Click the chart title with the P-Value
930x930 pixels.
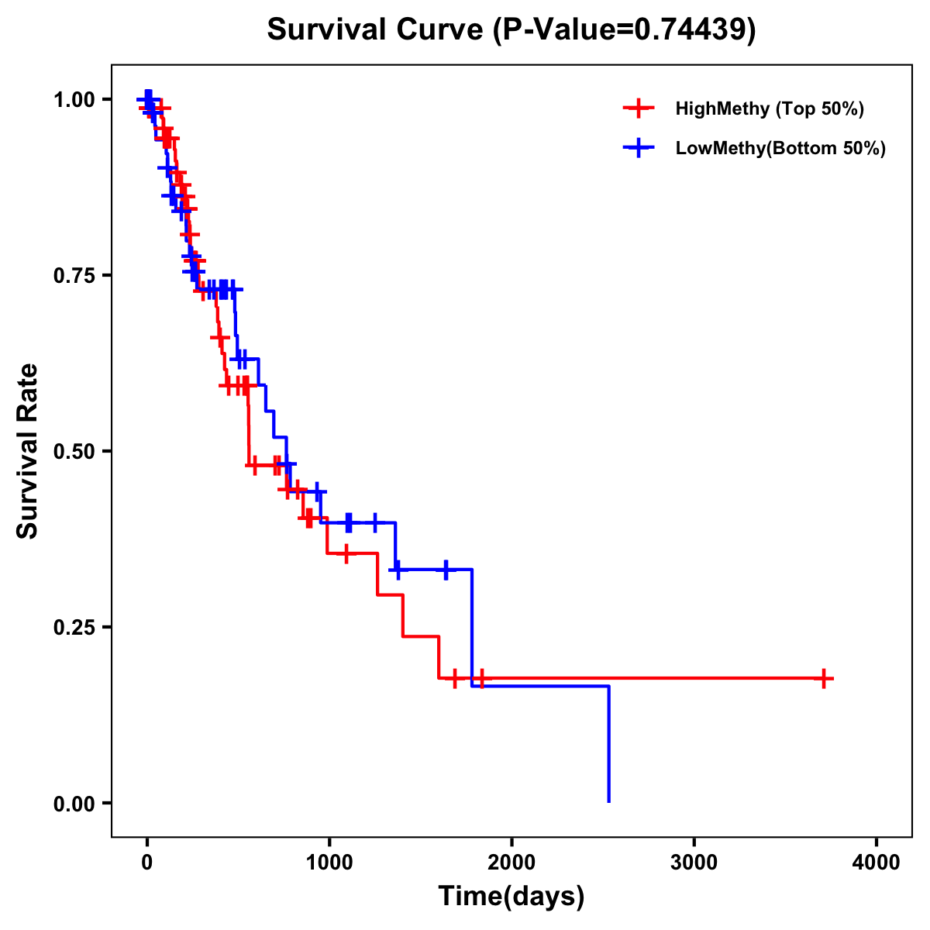tap(511, 29)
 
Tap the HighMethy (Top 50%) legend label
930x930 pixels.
tap(769, 108)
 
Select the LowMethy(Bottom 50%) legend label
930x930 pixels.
tap(780, 148)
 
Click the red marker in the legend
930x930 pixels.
tap(639, 108)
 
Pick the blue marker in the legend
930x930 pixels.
tap(639, 148)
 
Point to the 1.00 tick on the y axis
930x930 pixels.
tap(74, 100)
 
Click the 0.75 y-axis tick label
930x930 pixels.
tap(74, 276)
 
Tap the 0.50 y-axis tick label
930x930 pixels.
tap(74, 452)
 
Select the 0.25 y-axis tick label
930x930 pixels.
tap(74, 628)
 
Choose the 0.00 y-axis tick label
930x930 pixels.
tap(74, 804)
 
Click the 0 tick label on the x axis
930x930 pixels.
tap(146, 863)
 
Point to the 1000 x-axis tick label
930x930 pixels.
tap(329, 863)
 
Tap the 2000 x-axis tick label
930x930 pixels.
tap(511, 863)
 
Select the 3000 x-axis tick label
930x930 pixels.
tap(694, 863)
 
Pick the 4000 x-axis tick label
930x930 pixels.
tap(877, 863)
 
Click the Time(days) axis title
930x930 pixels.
tap(511, 897)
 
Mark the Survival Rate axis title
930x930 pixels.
tap(28, 451)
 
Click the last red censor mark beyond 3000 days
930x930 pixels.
tap(824, 678)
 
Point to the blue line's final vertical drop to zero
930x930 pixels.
tap(608, 744)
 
